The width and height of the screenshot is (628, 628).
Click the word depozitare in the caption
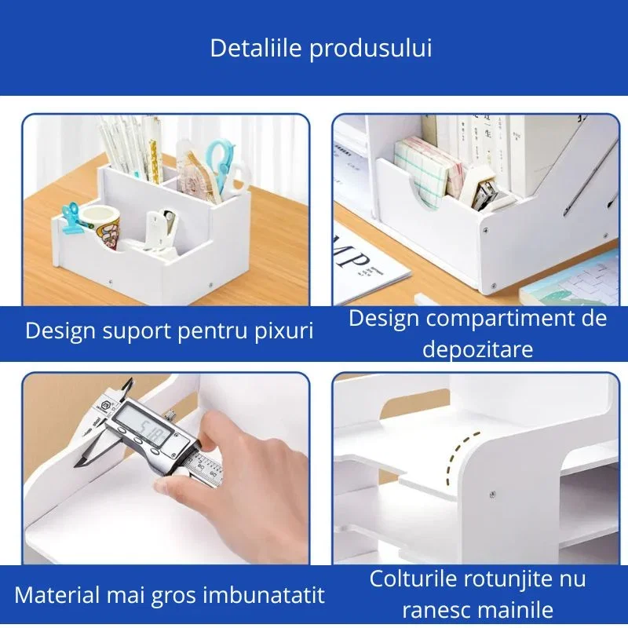pyautogui.click(x=477, y=349)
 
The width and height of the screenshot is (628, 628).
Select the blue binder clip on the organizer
pyautogui.click(x=72, y=215)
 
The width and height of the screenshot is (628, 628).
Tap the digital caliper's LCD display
pyautogui.click(x=146, y=433)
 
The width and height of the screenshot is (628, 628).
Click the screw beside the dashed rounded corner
pyautogui.click(x=491, y=495)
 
